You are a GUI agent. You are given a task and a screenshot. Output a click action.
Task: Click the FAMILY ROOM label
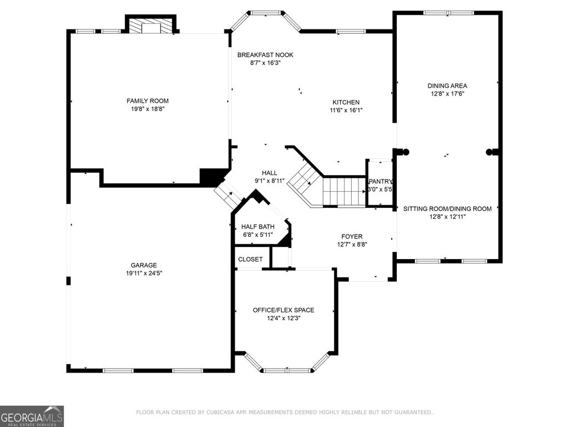point(147,101)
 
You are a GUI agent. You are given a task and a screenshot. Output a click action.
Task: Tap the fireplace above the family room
point(151,26)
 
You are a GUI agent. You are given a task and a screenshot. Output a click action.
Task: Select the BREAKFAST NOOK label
point(265,55)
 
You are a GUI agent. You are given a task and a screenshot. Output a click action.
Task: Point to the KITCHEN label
point(346,102)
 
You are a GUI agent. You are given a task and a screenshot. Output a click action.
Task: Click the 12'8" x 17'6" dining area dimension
point(447,93)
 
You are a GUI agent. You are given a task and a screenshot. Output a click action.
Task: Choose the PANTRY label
point(380,181)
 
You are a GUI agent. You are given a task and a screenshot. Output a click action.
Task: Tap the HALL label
point(269,173)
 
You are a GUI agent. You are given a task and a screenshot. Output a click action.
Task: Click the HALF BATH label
point(258,227)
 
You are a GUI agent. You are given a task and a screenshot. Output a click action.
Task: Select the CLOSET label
point(250,259)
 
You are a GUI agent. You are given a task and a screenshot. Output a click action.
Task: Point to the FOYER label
point(352,236)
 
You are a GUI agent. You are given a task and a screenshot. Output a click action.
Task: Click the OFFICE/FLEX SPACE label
point(283,310)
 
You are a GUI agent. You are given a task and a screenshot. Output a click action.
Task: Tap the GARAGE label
point(144,265)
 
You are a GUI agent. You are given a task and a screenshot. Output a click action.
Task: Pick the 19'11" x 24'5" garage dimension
point(144,273)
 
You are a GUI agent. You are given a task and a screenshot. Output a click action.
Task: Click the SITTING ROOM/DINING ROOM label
point(447,209)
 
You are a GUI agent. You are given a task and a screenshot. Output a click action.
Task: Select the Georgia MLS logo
point(32,416)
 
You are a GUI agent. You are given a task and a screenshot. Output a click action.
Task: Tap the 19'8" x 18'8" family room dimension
point(148,109)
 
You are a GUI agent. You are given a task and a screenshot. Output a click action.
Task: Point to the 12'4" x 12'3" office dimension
point(283,318)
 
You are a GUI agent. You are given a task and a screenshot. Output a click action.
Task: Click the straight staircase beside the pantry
point(344,191)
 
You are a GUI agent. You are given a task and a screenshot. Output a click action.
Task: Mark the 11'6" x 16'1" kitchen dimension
point(346,111)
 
